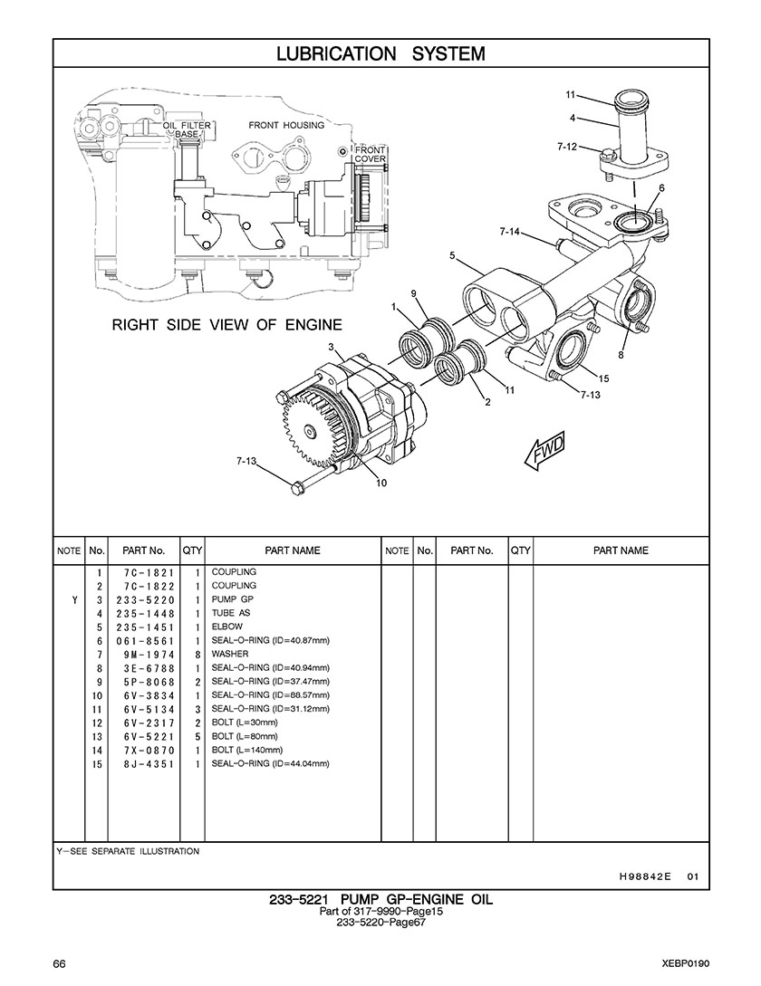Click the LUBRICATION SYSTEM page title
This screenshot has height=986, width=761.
click(x=380, y=53)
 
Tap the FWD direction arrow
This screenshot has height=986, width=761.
click(x=545, y=450)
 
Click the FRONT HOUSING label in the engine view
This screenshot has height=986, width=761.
click(x=286, y=125)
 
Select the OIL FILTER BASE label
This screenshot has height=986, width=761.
click(x=187, y=129)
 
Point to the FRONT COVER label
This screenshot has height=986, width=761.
click(x=371, y=154)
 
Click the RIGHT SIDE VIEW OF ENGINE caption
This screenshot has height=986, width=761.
click(x=227, y=324)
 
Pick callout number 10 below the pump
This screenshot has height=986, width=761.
click(x=381, y=483)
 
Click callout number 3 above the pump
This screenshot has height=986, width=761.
click(x=331, y=347)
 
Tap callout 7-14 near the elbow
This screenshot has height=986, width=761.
click(x=510, y=232)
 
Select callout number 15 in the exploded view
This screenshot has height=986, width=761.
click(x=603, y=378)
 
